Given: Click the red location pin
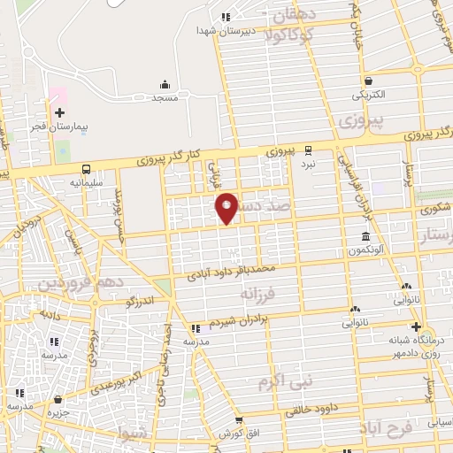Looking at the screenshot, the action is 227,207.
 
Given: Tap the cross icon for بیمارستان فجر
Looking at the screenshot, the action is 59,112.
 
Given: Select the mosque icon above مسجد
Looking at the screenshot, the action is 165,85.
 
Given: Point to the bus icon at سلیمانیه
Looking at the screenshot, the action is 86,169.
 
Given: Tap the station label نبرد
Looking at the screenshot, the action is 307,164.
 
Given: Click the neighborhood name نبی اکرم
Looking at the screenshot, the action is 286,382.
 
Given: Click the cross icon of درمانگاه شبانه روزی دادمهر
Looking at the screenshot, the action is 415,326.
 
